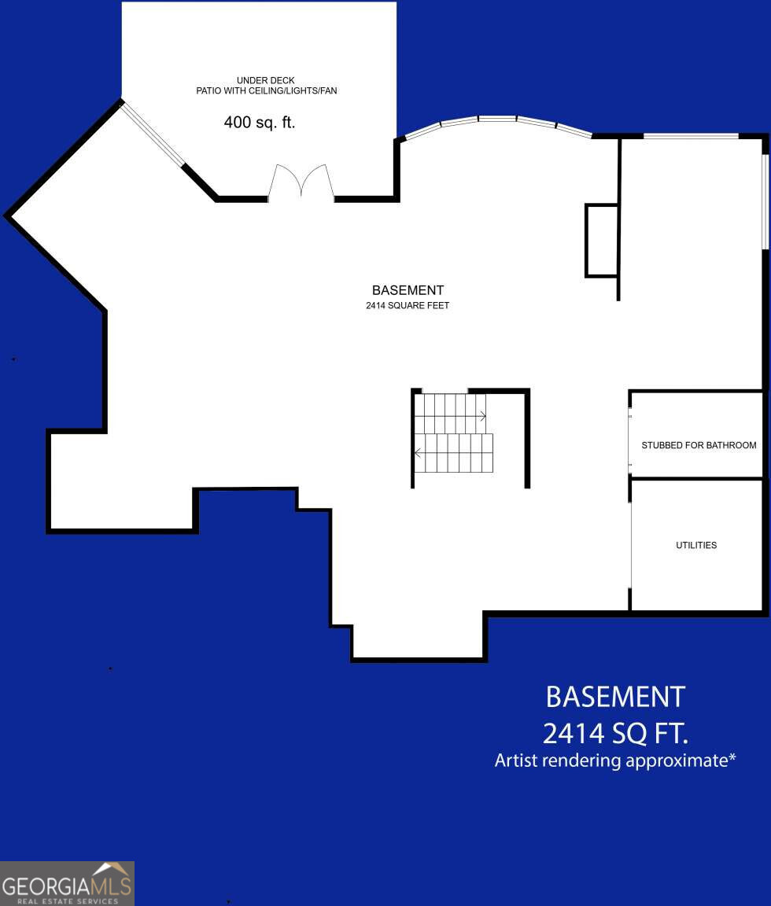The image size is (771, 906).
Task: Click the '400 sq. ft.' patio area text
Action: click(x=260, y=123)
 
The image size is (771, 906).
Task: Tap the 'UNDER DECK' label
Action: click(x=266, y=80)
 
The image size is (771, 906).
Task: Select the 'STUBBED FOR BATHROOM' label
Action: click(x=699, y=445)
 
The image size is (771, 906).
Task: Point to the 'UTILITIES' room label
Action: click(x=696, y=545)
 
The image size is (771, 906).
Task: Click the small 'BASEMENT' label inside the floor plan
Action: click(x=408, y=290)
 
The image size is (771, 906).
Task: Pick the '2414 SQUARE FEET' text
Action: click(x=408, y=305)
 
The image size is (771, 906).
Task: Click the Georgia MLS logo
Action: click(x=67, y=883)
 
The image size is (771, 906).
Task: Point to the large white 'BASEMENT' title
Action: click(x=615, y=697)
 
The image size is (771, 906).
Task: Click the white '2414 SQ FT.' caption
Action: click(x=615, y=734)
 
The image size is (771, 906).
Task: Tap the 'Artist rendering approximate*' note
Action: click(x=615, y=761)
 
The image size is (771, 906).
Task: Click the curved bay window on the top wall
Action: click(x=497, y=122)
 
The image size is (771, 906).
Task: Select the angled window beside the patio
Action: click(x=153, y=134)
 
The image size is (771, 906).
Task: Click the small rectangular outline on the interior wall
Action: click(x=601, y=241)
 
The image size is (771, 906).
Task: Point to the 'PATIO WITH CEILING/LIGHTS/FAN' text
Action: click(x=266, y=91)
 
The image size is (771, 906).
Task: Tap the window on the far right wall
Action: click(x=765, y=201)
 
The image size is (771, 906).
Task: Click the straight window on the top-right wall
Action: click(x=691, y=137)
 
